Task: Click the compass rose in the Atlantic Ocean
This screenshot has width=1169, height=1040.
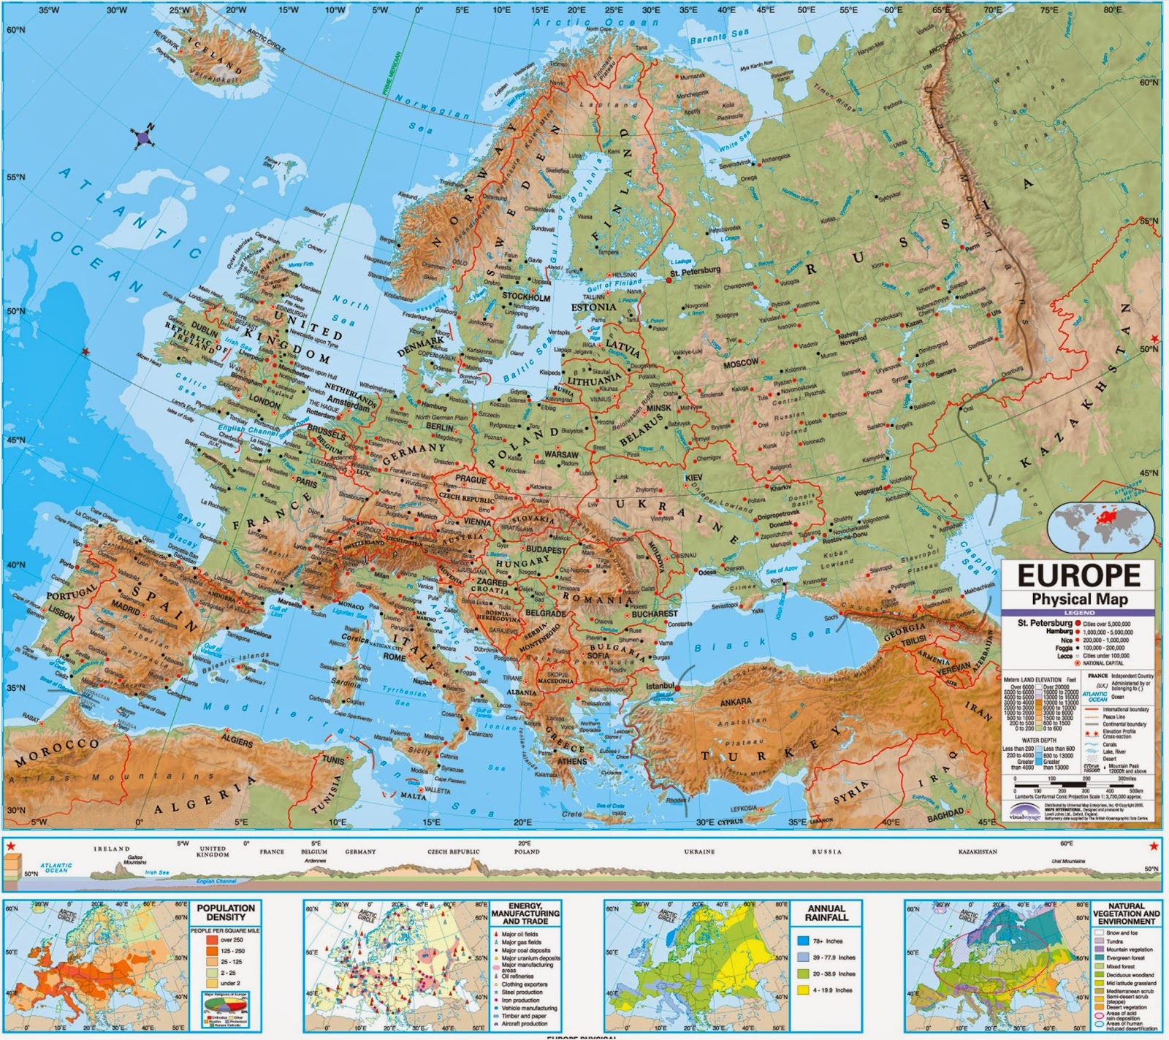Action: coord(143,137)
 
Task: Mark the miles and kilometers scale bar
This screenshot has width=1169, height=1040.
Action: coord(1074,789)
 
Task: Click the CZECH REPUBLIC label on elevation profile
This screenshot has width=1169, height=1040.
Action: coord(454,852)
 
